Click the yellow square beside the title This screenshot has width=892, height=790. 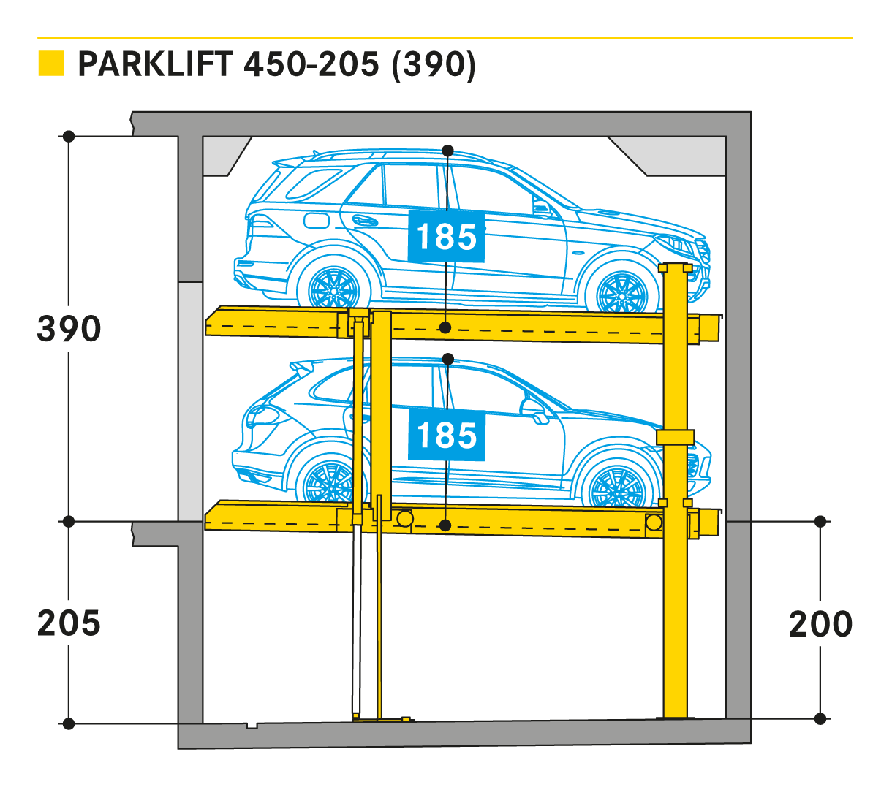[51, 64]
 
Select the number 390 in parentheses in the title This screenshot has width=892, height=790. [434, 64]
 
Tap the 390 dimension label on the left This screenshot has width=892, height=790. [69, 329]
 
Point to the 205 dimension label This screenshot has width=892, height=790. [69, 623]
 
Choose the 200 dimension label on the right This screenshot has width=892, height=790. [820, 623]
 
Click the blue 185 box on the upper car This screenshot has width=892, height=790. [446, 237]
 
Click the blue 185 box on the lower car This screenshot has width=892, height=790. [446, 436]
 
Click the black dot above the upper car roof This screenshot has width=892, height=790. [447, 151]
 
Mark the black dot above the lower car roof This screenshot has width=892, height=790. [448, 359]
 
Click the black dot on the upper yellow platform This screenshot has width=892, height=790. [445, 327]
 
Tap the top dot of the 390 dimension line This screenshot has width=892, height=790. [69, 137]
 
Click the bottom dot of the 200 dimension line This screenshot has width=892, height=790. [820, 718]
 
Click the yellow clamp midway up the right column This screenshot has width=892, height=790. [674, 436]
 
